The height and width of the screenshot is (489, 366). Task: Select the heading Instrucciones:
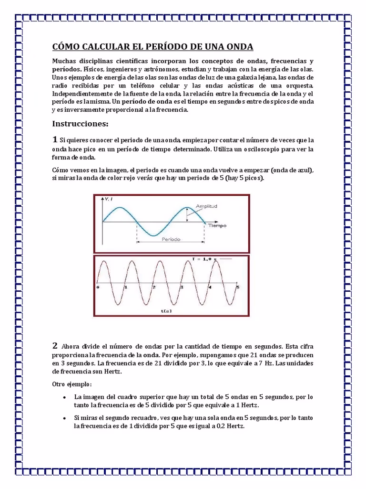[x=80, y=124]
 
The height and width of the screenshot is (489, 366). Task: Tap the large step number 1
[x=55, y=139]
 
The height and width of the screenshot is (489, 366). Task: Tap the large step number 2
[x=55, y=345]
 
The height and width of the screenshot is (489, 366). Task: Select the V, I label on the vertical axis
[x=108, y=200]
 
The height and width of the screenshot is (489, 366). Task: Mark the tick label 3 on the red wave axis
[x=182, y=287]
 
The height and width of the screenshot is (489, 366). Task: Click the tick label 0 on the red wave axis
[x=98, y=287]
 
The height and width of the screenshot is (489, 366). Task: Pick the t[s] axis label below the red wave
[x=166, y=311]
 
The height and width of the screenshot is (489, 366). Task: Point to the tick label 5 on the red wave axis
[x=237, y=287]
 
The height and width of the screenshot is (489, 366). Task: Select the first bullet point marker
[x=64, y=397]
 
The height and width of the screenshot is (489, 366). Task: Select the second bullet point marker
[x=64, y=418]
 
